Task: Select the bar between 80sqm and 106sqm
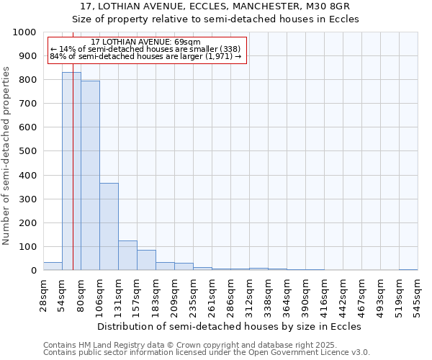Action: click(x=90, y=176)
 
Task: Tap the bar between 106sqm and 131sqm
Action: click(x=109, y=227)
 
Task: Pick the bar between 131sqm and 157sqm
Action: click(x=127, y=256)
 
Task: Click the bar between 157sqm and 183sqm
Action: click(x=146, y=260)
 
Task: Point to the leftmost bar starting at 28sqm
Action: click(x=53, y=266)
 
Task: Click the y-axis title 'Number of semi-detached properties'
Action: click(x=7, y=156)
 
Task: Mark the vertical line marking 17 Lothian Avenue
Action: click(x=73, y=180)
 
